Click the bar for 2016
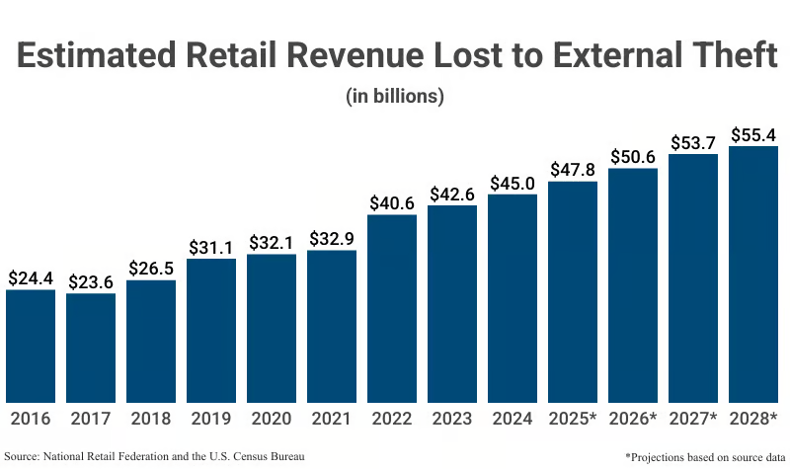pos(31,346)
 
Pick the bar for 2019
pos(211,330)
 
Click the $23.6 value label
pos(91,282)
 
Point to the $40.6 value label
pos(392,203)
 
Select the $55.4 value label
pos(753,134)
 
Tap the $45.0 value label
pos(513,183)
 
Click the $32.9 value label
pos(332,239)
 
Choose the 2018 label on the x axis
pos(151,420)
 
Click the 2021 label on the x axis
pos(332,420)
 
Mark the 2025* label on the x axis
pos(573,420)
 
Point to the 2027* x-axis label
pos(693,420)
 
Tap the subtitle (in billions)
pos(395,97)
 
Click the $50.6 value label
pos(633,157)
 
